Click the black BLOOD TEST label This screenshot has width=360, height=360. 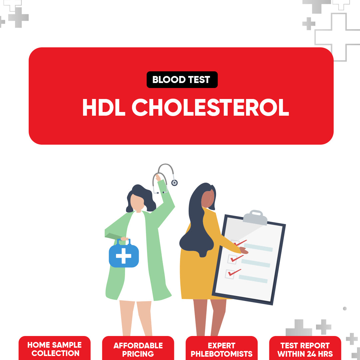pos(182,80)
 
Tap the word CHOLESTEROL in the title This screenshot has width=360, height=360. pos(210,107)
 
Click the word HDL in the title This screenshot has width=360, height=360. pos(104,107)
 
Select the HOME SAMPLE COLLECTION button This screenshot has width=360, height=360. pos(55,348)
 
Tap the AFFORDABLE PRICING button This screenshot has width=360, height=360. pos(138,348)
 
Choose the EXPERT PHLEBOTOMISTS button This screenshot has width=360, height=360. pos(222,348)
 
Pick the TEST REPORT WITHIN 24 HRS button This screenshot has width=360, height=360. pos(305,348)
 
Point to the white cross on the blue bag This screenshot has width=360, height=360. pos(124,256)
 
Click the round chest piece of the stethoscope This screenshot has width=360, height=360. pos(174,183)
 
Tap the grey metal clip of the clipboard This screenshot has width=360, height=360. pos(255,217)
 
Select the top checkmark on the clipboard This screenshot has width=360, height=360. pos(240,243)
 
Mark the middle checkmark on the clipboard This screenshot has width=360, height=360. pos(237,258)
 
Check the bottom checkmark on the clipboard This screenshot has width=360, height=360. pos(235,272)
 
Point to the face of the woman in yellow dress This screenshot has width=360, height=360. pos(208,198)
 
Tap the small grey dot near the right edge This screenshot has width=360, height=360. pos(345,309)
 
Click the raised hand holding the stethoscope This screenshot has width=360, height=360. pos(158,177)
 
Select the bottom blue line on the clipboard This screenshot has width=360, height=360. pos(253,279)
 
